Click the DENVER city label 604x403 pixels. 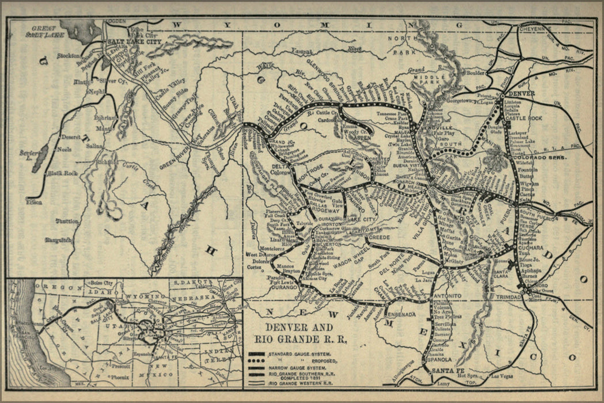click(522, 93)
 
